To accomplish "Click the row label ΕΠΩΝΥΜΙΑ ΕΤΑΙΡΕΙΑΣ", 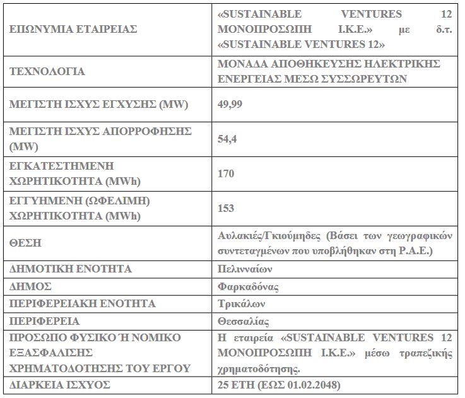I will [74, 29].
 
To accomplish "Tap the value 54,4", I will [225, 139].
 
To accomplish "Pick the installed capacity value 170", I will [225, 173].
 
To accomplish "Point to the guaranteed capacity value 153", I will [225, 208].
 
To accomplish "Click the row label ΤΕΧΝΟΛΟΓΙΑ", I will [47, 71].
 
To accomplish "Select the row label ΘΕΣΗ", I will [26, 243].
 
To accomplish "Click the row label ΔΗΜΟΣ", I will [30, 286].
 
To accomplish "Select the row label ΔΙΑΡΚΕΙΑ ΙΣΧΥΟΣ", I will [60, 384].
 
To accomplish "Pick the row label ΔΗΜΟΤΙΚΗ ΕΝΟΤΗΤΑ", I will [71, 269].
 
